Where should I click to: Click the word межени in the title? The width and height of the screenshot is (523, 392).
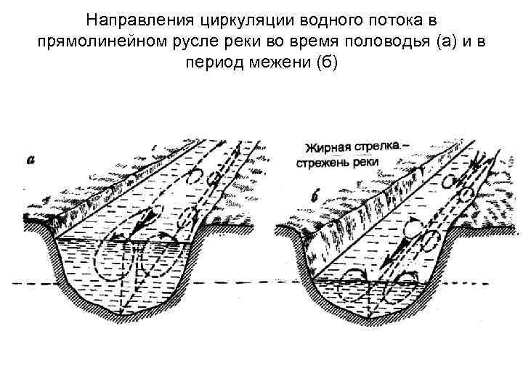click(x=277, y=63)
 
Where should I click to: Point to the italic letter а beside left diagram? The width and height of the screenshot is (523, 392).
click(x=31, y=160)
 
